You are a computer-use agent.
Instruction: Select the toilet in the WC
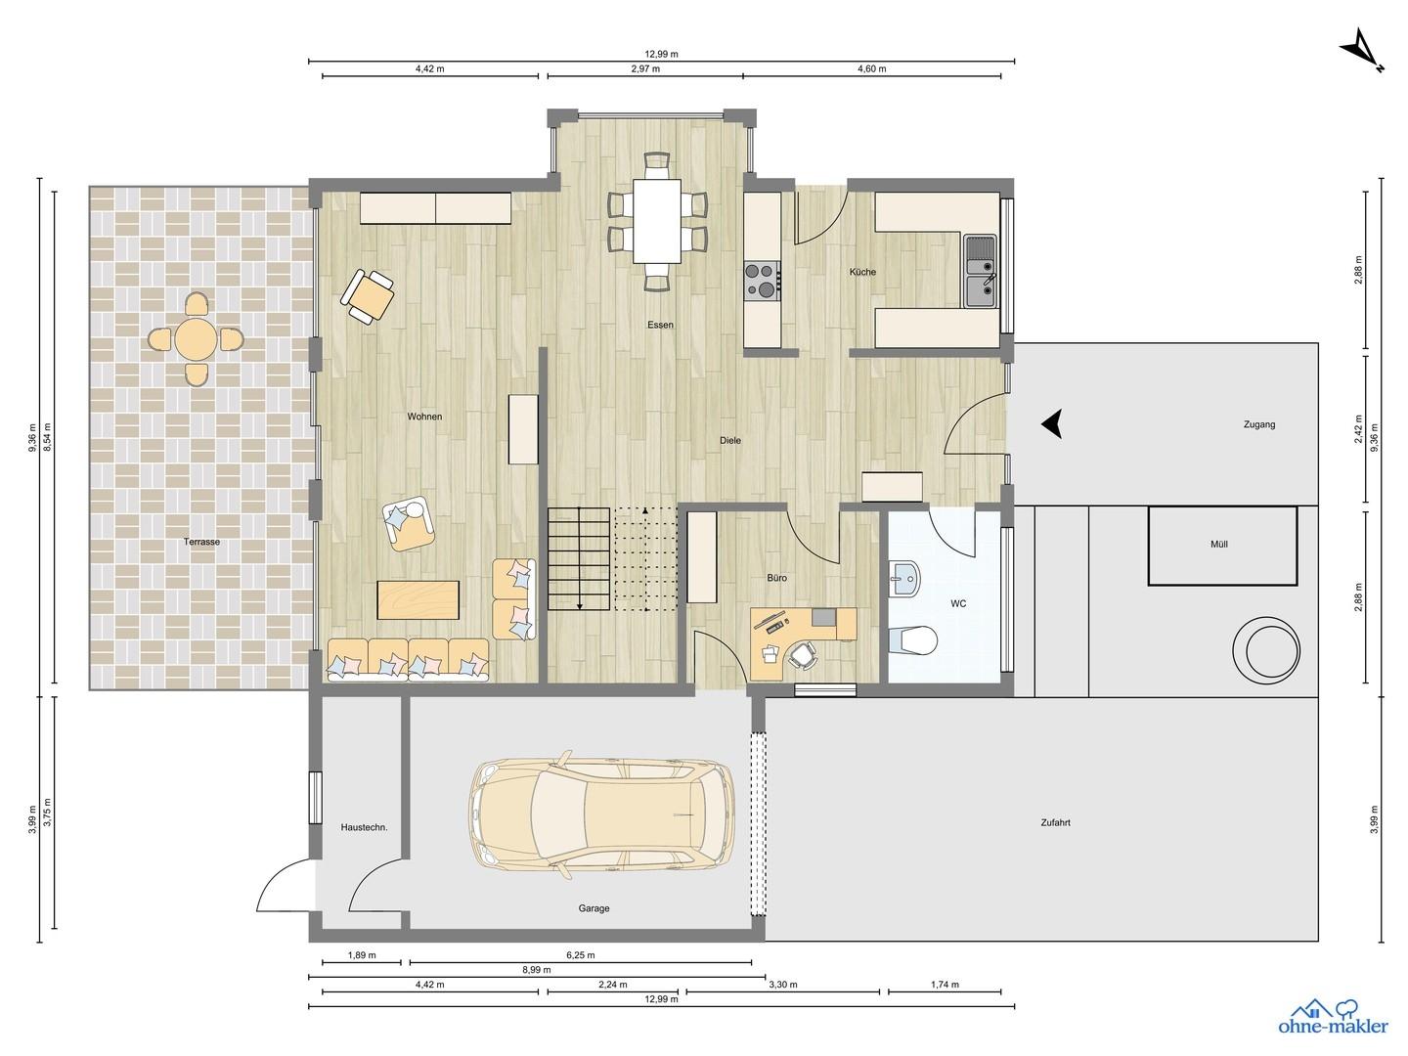point(913,639)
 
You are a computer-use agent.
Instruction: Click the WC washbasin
point(903,578)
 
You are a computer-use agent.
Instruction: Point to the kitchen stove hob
point(763,281)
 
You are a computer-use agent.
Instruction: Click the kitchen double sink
point(980,271)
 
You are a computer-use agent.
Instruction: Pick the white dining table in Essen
point(657,221)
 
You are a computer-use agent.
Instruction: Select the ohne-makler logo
point(1333,1025)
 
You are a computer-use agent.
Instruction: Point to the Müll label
point(1218,544)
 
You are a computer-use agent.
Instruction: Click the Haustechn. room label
point(364,827)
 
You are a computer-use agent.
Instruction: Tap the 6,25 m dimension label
point(581,954)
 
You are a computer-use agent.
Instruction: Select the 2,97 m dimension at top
point(645,68)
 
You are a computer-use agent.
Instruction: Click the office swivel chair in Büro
point(803,655)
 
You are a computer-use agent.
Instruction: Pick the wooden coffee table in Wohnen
point(418,600)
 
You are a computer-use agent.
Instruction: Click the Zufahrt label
point(1055,822)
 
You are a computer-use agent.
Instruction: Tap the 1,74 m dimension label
point(945,985)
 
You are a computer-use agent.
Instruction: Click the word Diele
point(730,440)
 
